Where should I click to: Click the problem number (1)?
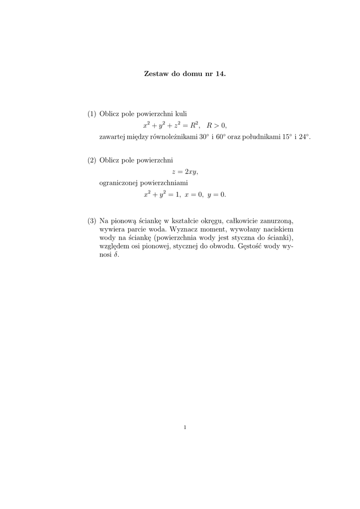(x=92, y=114)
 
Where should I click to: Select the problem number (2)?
(x=92, y=160)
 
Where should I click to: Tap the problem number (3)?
(x=92, y=220)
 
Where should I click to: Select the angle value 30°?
(x=203, y=136)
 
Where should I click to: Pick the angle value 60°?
(x=222, y=136)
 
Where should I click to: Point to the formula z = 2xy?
(x=184, y=171)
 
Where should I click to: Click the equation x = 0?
(x=194, y=194)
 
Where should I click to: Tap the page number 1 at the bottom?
(x=184, y=426)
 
